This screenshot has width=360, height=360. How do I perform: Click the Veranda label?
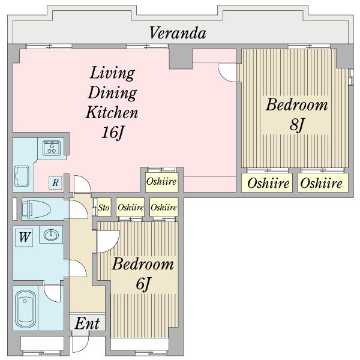(178, 33)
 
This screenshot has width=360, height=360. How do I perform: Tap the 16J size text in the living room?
(113, 133)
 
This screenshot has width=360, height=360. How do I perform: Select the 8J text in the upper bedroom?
(296, 125)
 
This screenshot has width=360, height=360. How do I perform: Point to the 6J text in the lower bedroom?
(143, 284)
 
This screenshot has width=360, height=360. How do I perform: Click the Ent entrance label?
(87, 324)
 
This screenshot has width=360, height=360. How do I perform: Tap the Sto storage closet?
(104, 207)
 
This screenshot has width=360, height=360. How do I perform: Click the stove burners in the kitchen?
(52, 148)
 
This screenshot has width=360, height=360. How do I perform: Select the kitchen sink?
(22, 176)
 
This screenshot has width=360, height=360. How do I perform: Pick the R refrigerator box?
(55, 183)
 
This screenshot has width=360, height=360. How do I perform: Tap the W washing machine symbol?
(24, 238)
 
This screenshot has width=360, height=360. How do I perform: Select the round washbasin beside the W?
(51, 235)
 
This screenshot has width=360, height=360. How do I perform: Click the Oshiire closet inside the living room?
(161, 182)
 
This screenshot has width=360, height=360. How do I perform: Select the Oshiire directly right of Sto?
(130, 207)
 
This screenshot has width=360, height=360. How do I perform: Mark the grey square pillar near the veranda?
(181, 57)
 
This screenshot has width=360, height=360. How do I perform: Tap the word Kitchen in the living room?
(112, 113)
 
